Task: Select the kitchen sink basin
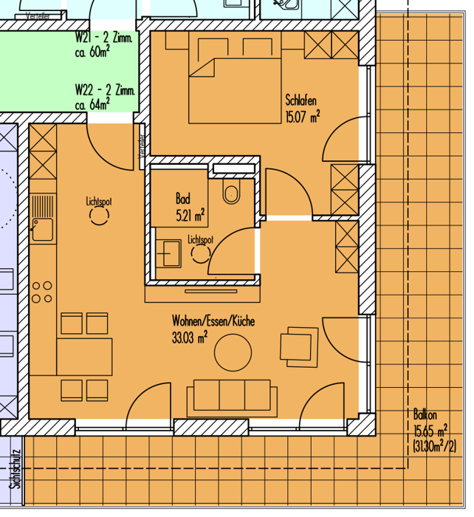[x=42, y=229]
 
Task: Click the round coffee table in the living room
[x=233, y=352]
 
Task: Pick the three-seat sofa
[x=232, y=398]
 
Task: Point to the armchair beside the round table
[x=299, y=347]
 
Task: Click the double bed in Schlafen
[x=235, y=91]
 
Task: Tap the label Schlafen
[x=301, y=100]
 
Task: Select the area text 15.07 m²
[x=302, y=117]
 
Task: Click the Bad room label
[x=183, y=199]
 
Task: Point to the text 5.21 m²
[x=190, y=216]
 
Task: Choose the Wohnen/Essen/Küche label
[x=213, y=321]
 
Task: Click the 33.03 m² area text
[x=190, y=338]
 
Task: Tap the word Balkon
[x=425, y=414]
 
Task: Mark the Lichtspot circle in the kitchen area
[x=99, y=216]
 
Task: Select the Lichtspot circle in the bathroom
[x=200, y=254]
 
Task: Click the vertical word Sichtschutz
[x=16, y=469]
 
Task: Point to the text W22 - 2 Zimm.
[x=105, y=89]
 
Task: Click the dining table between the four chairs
[x=84, y=357]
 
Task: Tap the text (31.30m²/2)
[x=434, y=447]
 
